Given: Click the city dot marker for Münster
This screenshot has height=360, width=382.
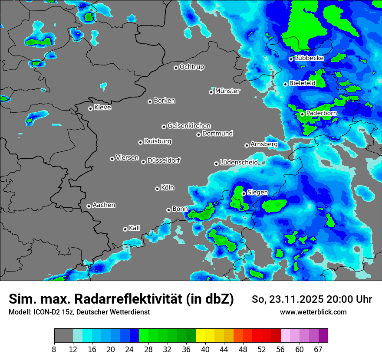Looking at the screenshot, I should pyautogui.click(x=211, y=92).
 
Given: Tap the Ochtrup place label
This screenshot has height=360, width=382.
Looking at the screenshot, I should pyautogui.click(x=191, y=67).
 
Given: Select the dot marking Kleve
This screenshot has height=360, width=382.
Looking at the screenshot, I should pyautogui.click(x=90, y=108).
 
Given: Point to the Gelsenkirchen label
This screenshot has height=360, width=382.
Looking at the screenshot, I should pyautogui.click(x=189, y=126).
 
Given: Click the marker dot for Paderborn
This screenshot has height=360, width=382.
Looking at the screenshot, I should pyautogui.click(x=302, y=115).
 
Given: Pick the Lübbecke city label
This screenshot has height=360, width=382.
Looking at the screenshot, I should pyautogui.click(x=309, y=58).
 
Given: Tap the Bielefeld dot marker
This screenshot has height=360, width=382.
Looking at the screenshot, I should pyautogui.click(x=285, y=84).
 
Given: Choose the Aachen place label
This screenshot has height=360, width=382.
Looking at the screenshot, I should pyautogui.click(x=104, y=205).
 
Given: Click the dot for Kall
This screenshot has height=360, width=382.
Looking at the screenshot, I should pyautogui.click(x=125, y=229).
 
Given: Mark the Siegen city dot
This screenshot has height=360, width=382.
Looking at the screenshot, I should pyautogui.click(x=244, y=193).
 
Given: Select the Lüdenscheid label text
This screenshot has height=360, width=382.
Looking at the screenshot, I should pyautogui.click(x=239, y=162).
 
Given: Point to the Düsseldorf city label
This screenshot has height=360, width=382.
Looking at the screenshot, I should pyautogui.click(x=163, y=160).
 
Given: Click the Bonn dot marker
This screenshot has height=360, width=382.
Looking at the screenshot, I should pyautogui.click(x=168, y=210).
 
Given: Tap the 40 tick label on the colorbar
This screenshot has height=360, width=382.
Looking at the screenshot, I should pyautogui.click(x=205, y=350).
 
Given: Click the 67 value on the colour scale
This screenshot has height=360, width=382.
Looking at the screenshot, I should pyautogui.click(x=318, y=350).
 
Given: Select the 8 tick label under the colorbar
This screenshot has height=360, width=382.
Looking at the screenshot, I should pyautogui.click(x=54, y=350).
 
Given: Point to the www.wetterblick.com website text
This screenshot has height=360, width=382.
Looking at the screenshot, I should pyautogui.click(x=313, y=312).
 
